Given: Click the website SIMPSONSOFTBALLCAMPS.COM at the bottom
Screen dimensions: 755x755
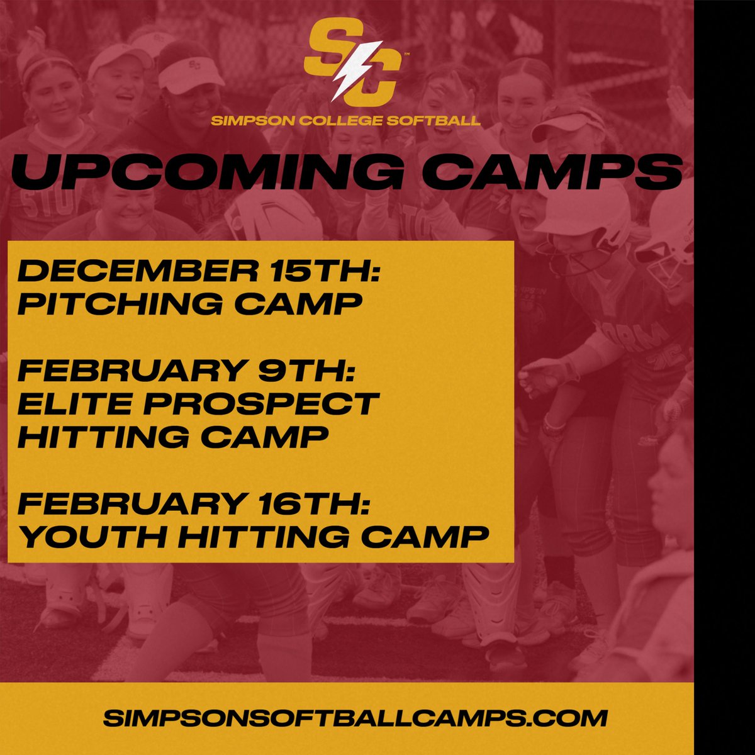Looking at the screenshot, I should [355, 718].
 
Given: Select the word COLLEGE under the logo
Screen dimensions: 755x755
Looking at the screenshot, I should [344, 120].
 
